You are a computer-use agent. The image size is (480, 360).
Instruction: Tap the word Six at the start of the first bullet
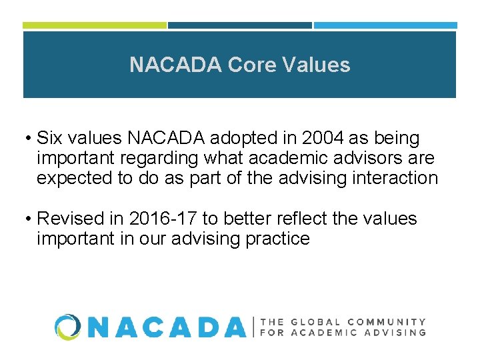click(50, 139)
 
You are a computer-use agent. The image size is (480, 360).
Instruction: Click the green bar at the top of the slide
click(95, 25)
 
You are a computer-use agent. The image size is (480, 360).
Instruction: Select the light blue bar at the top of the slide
click(385, 25)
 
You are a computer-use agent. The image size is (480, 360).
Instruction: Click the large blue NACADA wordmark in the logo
click(167, 327)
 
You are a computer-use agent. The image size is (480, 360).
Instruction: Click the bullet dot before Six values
click(29, 139)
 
